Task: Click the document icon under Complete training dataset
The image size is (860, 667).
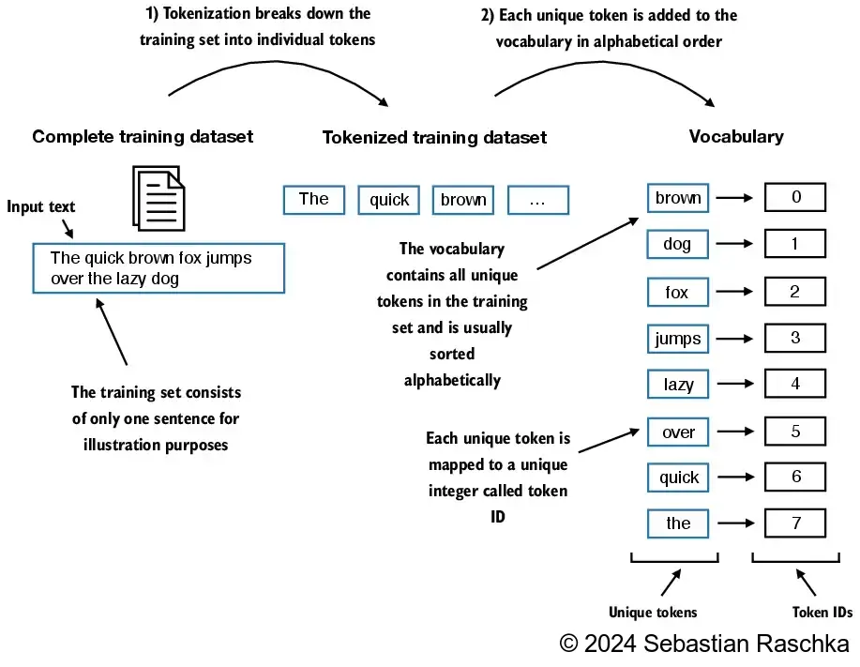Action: tap(158, 196)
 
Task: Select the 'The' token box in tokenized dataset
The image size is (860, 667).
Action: tap(314, 199)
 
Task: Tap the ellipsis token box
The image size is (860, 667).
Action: tap(537, 199)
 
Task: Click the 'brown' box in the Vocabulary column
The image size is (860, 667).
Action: tap(678, 198)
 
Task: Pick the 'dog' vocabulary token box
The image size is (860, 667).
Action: tap(678, 245)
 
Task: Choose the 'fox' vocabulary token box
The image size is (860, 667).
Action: tap(678, 292)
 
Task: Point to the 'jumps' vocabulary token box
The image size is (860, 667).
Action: tap(678, 338)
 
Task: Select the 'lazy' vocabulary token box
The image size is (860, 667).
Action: tap(678, 384)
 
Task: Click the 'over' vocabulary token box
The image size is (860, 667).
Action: tap(678, 432)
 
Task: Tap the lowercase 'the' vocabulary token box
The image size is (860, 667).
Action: tap(678, 523)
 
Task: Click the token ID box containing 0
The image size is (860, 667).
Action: tap(795, 197)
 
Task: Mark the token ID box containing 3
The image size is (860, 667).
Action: tap(795, 338)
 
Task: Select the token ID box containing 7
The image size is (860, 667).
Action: tap(795, 523)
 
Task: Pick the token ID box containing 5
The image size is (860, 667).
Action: tap(795, 432)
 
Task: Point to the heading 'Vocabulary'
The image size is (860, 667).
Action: tap(736, 137)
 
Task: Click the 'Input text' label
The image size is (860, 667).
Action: tap(41, 207)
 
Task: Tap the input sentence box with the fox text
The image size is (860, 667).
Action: tap(158, 268)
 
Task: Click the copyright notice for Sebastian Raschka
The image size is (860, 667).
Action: tap(704, 644)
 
